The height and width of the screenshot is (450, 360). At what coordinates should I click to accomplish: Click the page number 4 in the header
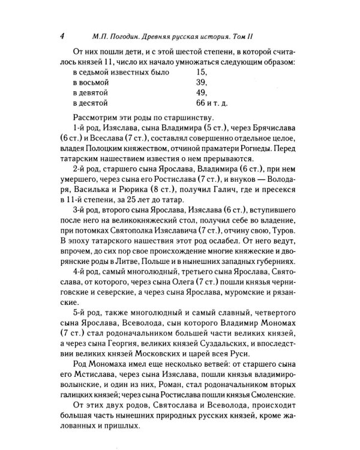pos(62,35)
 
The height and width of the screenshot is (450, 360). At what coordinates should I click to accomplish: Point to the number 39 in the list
pos(202,82)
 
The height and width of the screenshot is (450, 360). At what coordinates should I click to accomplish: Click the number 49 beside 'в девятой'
pos(202,93)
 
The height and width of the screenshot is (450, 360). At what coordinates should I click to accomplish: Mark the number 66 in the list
pos(202,104)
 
